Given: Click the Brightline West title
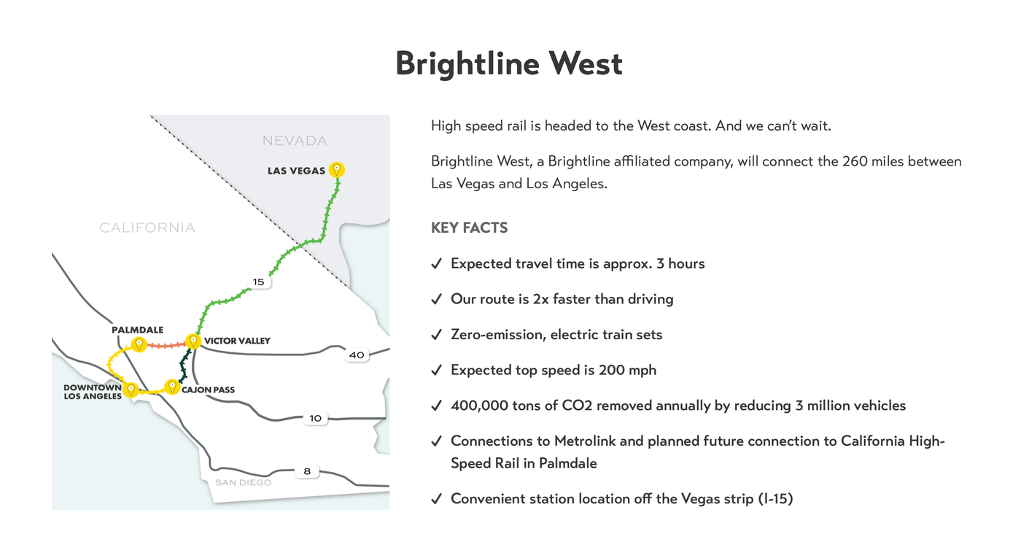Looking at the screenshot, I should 508,63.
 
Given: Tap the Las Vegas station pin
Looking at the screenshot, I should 336,170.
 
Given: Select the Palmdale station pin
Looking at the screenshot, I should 139,344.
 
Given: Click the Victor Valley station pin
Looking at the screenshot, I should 193,341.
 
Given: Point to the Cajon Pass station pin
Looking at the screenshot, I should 172,387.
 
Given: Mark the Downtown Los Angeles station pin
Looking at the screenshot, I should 131,390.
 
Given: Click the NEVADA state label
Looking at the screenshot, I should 295,141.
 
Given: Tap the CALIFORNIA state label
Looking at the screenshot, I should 147,228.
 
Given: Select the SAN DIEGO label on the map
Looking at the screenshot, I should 243,482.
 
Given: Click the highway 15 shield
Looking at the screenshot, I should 259,282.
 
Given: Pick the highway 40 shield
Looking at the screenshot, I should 357,355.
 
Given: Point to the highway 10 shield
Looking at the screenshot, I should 315,419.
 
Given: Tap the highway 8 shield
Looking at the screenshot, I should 307,471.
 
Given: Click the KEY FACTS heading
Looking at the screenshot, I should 469,228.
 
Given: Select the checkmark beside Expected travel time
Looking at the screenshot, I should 436,264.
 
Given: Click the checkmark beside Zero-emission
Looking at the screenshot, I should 436,335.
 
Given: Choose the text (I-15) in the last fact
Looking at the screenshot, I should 775,499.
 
